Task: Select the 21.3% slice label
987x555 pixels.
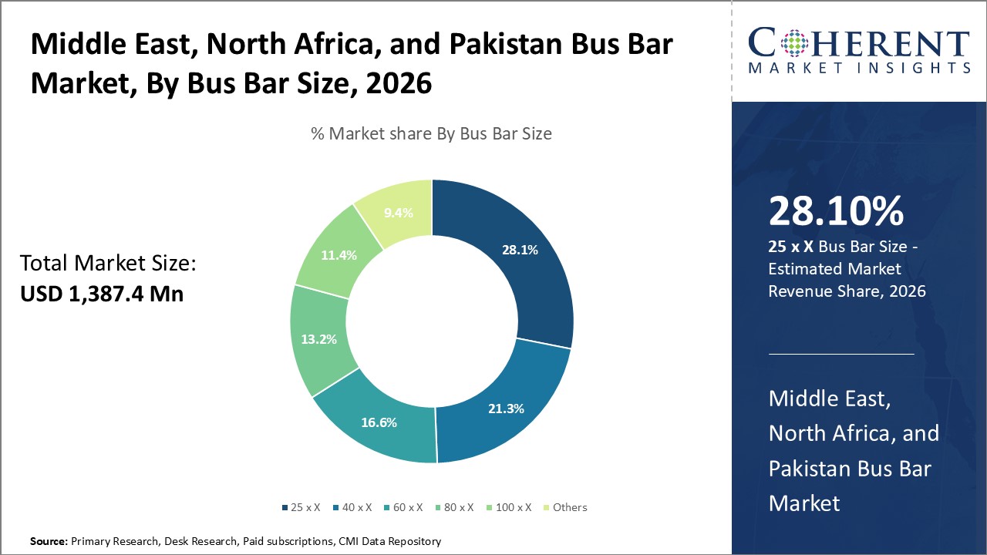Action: (x=506, y=408)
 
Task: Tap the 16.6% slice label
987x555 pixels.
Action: (x=380, y=422)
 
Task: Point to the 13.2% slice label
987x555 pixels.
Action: (x=318, y=338)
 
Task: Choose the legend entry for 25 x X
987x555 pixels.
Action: (x=301, y=507)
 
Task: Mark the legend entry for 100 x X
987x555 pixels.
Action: (x=510, y=507)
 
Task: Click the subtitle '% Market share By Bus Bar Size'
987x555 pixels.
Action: (x=431, y=133)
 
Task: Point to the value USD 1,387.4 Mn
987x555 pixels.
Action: (x=102, y=293)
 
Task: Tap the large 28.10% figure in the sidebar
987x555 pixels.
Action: (x=836, y=210)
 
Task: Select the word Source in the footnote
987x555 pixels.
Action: (x=49, y=541)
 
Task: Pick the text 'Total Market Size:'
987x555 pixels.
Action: (x=108, y=264)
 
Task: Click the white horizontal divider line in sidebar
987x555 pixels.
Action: (x=841, y=355)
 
